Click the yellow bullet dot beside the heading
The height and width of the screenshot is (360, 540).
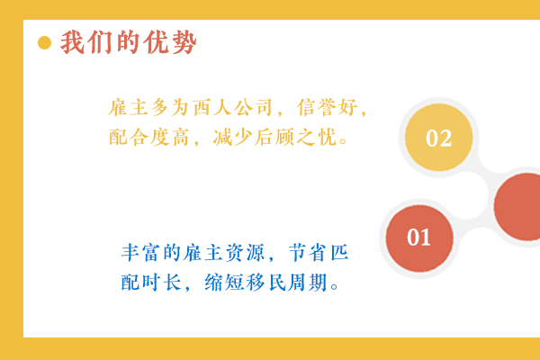(x=44, y=42)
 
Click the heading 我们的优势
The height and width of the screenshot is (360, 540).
(x=129, y=42)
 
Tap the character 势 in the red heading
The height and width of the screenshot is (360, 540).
(x=184, y=42)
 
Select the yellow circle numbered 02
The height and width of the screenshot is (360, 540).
(x=439, y=137)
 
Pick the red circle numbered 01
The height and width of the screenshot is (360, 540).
(x=419, y=238)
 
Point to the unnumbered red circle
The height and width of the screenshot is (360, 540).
(x=517, y=206)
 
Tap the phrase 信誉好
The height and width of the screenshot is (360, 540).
(x=328, y=107)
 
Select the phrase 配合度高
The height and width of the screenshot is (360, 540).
(x=148, y=137)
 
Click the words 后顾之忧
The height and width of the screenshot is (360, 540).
(x=295, y=137)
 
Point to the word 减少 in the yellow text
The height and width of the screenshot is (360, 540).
(x=232, y=137)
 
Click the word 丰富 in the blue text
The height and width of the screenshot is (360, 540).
(x=140, y=253)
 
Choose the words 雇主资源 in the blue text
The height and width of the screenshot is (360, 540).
(x=224, y=253)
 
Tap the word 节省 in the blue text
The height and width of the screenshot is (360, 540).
(x=308, y=253)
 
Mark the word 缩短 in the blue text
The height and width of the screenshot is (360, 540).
(x=224, y=283)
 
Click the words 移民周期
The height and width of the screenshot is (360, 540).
(x=286, y=283)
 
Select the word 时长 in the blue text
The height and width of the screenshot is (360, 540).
(x=161, y=283)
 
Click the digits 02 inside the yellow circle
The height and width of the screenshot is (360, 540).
(x=439, y=138)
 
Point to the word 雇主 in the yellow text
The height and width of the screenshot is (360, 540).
(x=129, y=107)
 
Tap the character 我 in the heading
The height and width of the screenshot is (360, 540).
(x=73, y=42)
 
